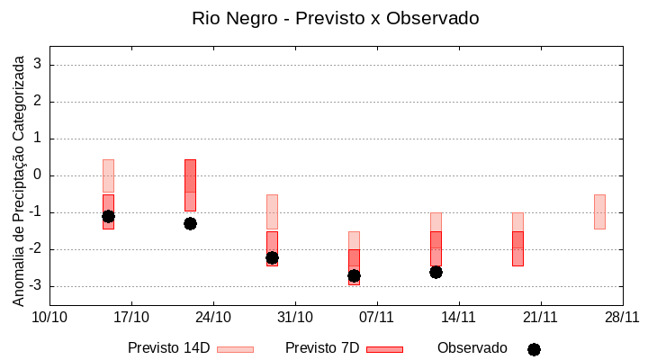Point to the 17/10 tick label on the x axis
pos(131,317)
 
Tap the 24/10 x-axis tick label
pos(213,317)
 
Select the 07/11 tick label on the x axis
pos(377,317)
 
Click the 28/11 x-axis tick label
pos(622,317)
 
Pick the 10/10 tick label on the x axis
pos(49,317)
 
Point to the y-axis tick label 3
pos(39,65)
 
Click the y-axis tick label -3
pos(36,286)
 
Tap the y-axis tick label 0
pos(39,175)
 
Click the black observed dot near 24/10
pos(190,223)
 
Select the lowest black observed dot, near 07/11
pos(354,276)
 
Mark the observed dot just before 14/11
pos(436,272)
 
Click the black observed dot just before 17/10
pos(108,216)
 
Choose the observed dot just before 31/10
pos(272,257)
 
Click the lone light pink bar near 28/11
pos(599,211)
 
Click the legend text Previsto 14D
pos(169,348)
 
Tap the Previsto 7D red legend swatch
pos(384,349)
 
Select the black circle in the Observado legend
pos(534,349)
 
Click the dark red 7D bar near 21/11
pos(517,248)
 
